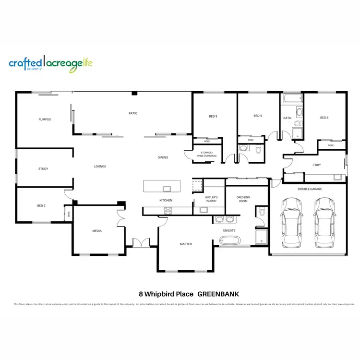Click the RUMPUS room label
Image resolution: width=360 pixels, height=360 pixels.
click(45, 119)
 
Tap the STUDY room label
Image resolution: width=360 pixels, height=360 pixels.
click(43, 168)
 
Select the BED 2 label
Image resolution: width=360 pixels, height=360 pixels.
click(41, 205)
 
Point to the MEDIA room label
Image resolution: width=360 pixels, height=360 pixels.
click(97, 231)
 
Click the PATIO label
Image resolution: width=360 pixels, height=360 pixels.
click(133, 113)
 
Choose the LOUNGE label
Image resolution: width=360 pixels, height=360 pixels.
click(100, 166)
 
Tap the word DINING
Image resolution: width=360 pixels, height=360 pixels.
click(163, 157)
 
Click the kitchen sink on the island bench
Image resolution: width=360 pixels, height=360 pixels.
click(167, 188)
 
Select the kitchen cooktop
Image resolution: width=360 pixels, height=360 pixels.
click(168, 210)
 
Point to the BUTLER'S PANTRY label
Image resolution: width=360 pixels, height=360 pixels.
click(212, 199)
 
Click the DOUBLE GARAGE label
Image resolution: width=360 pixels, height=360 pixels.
click(310, 189)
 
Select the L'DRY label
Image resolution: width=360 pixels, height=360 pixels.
click(316, 165)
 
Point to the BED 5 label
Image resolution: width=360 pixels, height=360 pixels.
click(324, 118)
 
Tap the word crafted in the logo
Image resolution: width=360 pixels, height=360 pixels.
click(24, 63)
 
